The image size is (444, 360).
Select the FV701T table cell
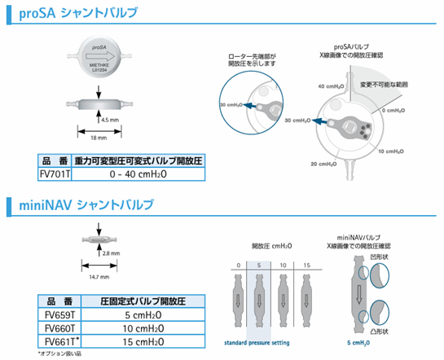56,173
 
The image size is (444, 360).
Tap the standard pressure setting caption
258,344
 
